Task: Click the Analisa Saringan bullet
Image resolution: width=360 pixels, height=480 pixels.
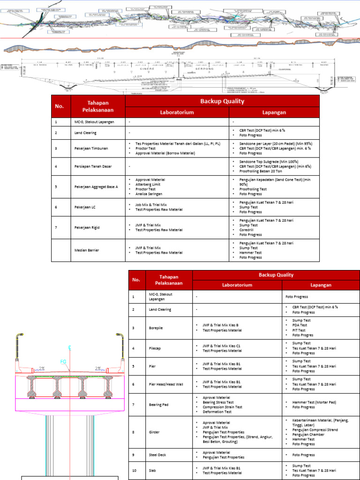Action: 150,194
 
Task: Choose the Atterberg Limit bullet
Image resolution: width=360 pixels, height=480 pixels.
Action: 149,184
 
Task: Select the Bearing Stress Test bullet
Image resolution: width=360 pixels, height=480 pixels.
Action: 217,402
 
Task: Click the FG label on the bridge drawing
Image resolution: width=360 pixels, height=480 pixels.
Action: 63,361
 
